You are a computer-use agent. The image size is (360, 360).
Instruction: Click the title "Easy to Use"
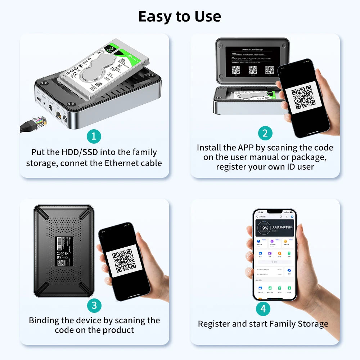point(180,17)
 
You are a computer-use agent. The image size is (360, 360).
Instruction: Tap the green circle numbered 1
point(94,136)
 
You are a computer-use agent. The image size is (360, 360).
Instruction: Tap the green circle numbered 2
point(265,133)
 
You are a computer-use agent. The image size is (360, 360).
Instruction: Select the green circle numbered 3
point(94,306)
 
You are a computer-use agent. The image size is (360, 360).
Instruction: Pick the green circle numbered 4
point(263,309)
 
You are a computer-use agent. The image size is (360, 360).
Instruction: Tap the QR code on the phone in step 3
point(123,260)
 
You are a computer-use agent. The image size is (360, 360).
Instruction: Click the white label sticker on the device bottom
point(64,251)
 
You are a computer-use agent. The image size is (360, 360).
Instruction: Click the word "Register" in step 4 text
point(214,324)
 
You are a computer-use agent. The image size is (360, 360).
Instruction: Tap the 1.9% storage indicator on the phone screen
point(264,228)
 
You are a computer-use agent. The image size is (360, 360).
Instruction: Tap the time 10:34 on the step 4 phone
point(260,212)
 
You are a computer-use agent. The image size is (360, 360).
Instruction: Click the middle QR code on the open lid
point(253,69)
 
